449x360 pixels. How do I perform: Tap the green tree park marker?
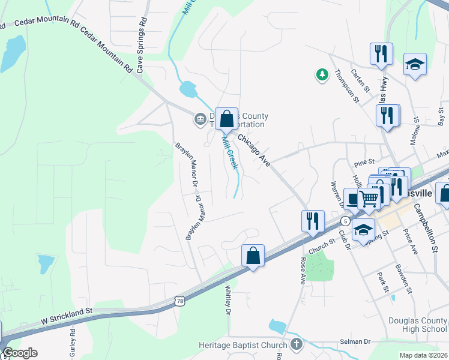[322, 74]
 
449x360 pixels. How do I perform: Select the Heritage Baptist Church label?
[243, 345]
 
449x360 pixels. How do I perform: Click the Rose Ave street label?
[302, 270]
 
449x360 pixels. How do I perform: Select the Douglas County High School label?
[418, 325]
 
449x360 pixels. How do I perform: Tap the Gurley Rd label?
[73, 341]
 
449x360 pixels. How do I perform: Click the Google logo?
[19, 353]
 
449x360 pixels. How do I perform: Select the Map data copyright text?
[424, 355]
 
